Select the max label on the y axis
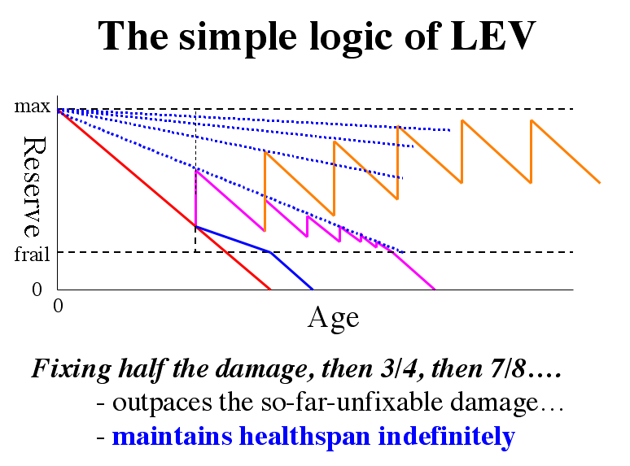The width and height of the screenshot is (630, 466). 33,106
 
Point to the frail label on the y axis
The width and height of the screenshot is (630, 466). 33,253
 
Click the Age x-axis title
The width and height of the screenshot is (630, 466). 333,316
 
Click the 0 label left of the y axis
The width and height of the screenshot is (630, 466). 36,289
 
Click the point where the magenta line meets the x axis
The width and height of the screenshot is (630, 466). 435,289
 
